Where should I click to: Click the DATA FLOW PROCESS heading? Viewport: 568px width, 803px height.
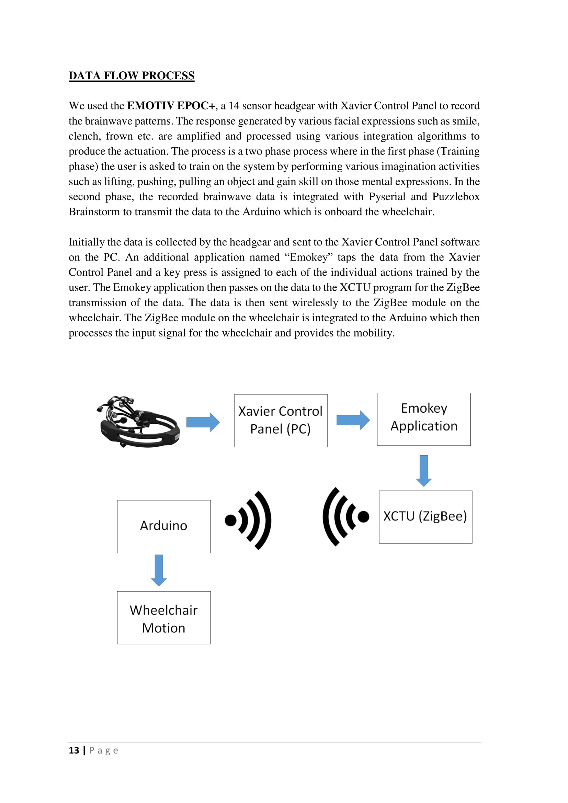point(131,76)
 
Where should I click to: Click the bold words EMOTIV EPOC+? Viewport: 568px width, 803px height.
point(171,106)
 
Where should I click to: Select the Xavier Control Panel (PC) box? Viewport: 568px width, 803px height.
point(281,421)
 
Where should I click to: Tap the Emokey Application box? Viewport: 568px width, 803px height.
point(423,419)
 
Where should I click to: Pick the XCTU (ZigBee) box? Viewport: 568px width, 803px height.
point(425,517)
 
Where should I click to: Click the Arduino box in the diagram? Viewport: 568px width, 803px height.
point(164,526)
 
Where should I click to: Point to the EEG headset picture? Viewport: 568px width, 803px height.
point(138,422)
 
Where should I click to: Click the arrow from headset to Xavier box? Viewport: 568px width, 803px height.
point(203,422)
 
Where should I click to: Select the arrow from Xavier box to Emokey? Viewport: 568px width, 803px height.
point(353,420)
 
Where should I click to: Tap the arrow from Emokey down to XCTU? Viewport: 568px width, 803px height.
point(423,470)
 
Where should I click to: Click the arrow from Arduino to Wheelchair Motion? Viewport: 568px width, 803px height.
point(159,570)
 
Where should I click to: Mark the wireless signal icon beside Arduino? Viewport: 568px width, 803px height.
point(249,520)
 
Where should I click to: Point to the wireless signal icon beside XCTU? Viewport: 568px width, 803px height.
point(345,517)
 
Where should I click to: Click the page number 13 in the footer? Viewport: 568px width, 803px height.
point(74,750)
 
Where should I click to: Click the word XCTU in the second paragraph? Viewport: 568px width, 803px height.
point(355,287)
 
